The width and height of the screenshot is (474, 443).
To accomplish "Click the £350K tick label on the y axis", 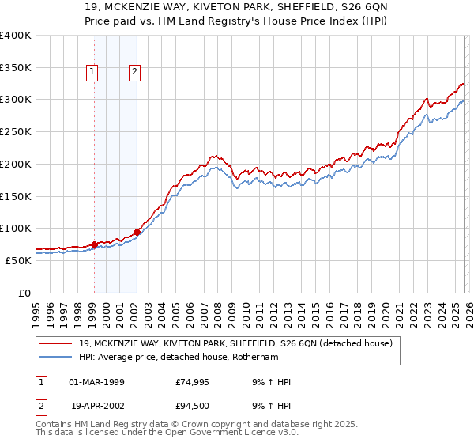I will [x=15, y=68].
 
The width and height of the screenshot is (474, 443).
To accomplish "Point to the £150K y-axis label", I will [x=15, y=196].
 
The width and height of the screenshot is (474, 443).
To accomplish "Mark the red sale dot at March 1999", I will [x=94, y=244].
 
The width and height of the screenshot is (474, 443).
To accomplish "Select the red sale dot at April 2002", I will [x=137, y=232].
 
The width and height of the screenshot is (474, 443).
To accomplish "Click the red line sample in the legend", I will [x=56, y=344].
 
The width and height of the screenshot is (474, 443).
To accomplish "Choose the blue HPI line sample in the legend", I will [x=56, y=357].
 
